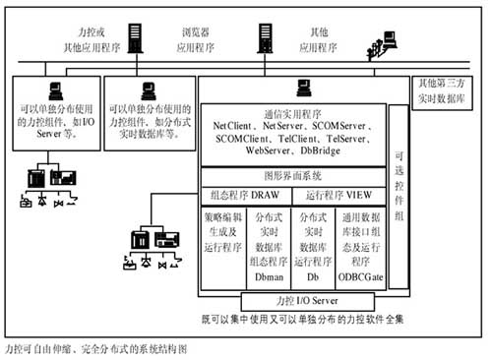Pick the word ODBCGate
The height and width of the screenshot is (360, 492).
[358, 278]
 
